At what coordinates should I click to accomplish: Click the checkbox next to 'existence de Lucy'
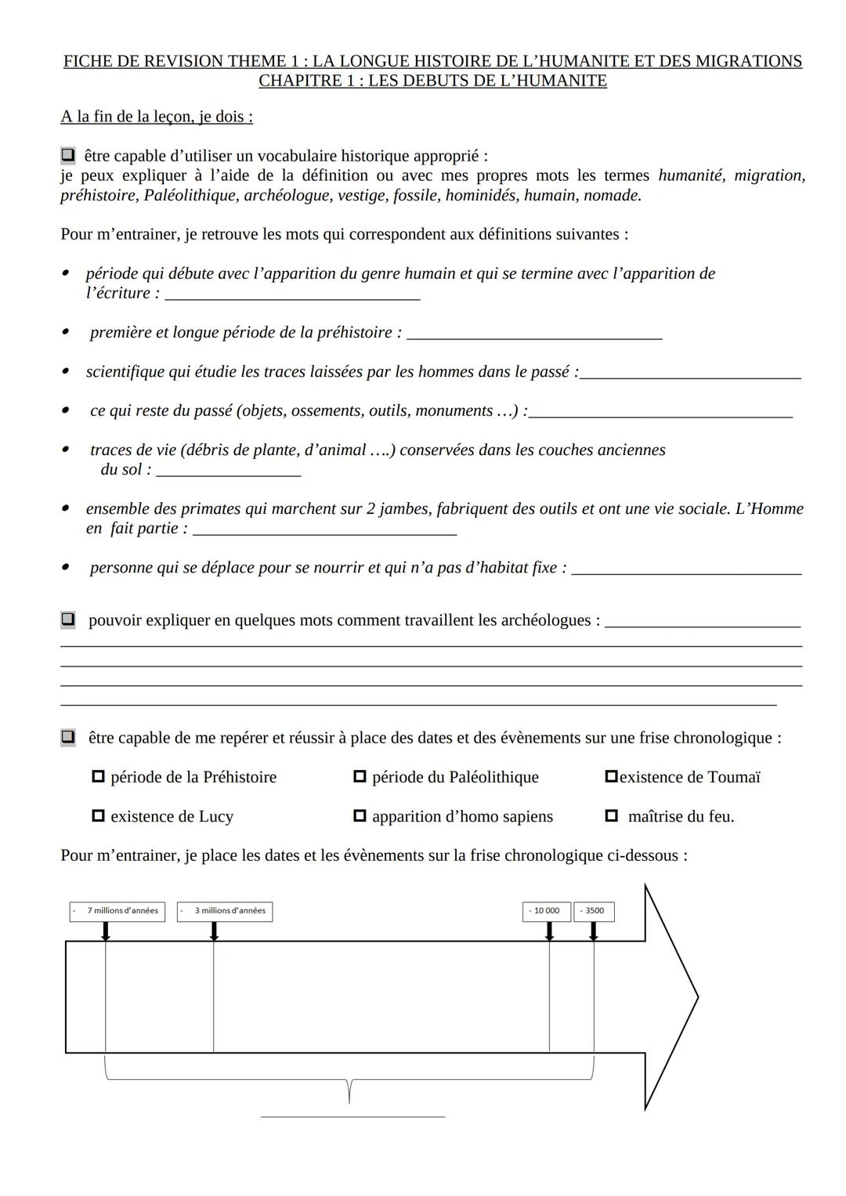(x=98, y=816)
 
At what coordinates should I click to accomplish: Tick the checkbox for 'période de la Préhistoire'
(x=98, y=777)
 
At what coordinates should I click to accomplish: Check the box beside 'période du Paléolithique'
(x=360, y=777)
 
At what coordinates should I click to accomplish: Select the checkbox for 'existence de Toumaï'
(x=612, y=777)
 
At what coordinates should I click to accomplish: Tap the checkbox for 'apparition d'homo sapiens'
(x=360, y=816)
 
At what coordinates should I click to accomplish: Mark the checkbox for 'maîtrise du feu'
(x=612, y=816)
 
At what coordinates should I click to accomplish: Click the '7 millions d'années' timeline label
(x=117, y=911)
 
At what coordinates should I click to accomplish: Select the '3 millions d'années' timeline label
(x=225, y=911)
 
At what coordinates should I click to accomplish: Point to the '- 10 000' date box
(x=546, y=911)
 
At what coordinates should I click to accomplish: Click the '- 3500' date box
(x=594, y=911)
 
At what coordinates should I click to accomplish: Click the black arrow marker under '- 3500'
(x=594, y=931)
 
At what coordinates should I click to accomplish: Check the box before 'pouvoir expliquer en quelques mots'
(x=68, y=620)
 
